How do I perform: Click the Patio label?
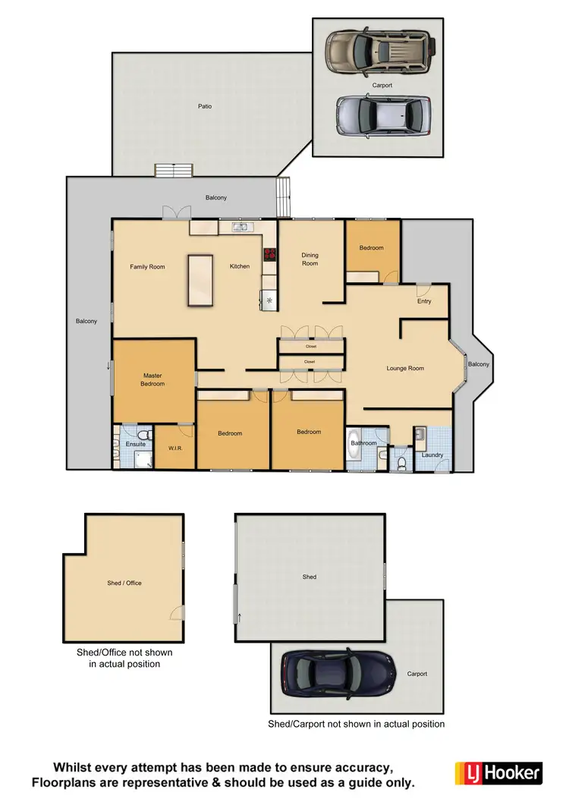tap(205, 106)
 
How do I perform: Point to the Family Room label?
tap(147, 266)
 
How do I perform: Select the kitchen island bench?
tap(200, 280)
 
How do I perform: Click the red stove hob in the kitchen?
tap(269, 256)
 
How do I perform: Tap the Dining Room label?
tap(310, 259)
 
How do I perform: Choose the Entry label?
tap(424, 301)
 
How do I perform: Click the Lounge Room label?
tap(405, 368)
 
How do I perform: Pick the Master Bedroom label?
tap(152, 379)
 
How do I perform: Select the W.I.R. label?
tap(175, 448)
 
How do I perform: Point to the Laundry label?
tap(432, 455)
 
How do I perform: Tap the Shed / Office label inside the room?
tap(124, 583)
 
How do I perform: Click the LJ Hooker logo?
tap(498, 772)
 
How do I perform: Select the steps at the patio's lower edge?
tap(174, 169)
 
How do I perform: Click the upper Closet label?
tap(310, 346)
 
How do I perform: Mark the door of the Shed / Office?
tap(177, 613)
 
